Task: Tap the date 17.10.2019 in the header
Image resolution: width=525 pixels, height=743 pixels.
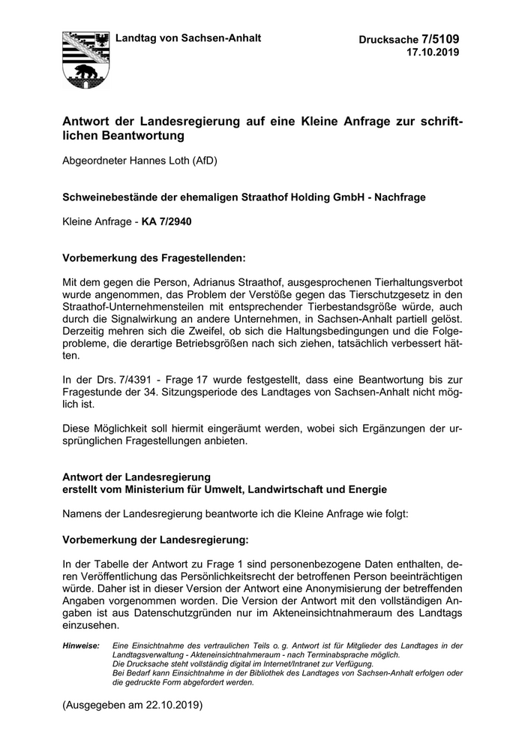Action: [x=433, y=53]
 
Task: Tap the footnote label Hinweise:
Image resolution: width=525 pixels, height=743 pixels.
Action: [x=81, y=645]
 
